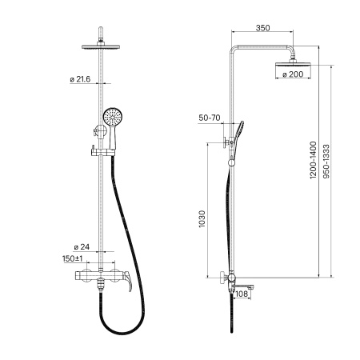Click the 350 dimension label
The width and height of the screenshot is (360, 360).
click(x=262, y=28)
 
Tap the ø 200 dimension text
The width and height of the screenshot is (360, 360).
click(x=293, y=74)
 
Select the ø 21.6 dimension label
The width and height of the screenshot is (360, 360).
click(x=80, y=79)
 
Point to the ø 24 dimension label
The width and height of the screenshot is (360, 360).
click(x=82, y=247)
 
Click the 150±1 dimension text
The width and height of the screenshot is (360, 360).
click(x=73, y=258)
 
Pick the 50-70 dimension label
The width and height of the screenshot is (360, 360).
click(x=210, y=118)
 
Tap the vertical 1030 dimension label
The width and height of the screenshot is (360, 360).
click(x=202, y=219)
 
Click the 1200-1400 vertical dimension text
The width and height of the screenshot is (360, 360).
click(x=313, y=160)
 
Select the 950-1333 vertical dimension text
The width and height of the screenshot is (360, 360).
click(x=326, y=162)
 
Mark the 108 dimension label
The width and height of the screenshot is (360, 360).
click(x=242, y=294)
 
